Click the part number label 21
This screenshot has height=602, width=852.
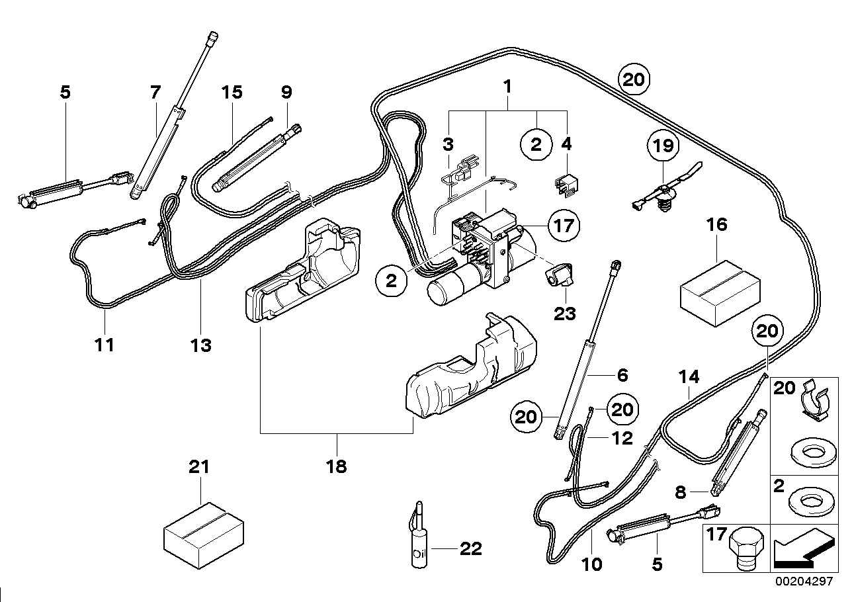[x=198, y=466]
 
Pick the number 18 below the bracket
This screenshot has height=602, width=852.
[x=336, y=466]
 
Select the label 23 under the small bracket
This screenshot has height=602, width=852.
[x=566, y=313]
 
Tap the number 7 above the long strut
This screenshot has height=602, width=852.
[x=155, y=92]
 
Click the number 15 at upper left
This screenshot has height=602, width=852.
[x=232, y=92]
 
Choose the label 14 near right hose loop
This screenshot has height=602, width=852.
[x=689, y=377]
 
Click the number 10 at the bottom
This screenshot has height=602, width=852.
[x=592, y=564]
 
